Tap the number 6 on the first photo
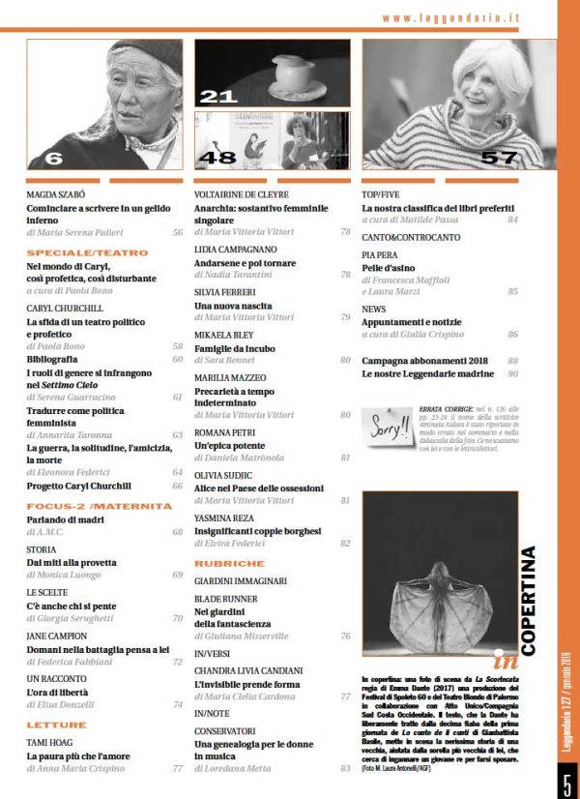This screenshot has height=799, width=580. pyautogui.click(x=53, y=158)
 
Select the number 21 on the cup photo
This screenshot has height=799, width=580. pyautogui.click(x=219, y=95)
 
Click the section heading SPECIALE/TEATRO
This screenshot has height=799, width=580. pyautogui.click(x=72, y=251)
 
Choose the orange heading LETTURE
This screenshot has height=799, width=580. pyautogui.click(x=56, y=725)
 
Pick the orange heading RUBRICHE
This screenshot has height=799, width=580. pyautogui.click(x=229, y=562)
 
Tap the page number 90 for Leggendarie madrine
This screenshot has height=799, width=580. pyautogui.click(x=513, y=373)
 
